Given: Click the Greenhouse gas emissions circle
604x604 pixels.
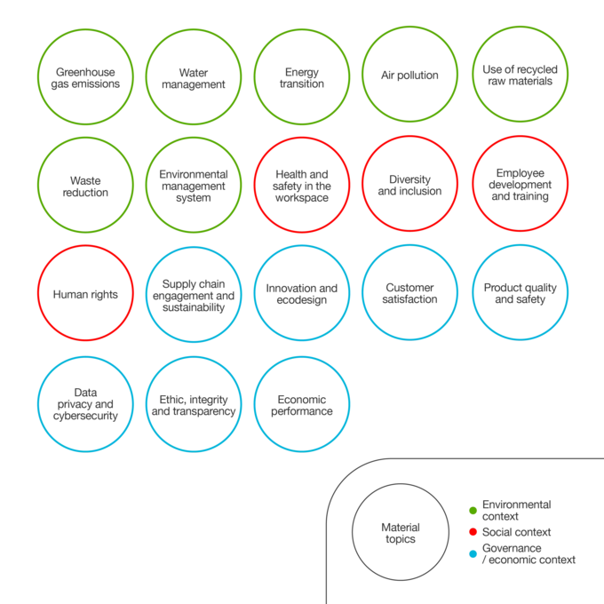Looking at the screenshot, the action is pos(85,29).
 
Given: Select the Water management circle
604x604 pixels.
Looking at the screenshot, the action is pos(194,29).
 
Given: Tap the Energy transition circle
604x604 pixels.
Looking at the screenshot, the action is pos(302,29).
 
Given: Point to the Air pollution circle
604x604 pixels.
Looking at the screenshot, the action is pos(409,27).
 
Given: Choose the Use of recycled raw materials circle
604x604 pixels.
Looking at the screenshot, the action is pos(520,27).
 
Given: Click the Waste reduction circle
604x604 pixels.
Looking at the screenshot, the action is pos(85,138).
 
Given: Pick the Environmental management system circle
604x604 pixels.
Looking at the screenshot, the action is pos(194,138).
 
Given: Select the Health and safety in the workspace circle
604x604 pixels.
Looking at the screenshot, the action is pos(302,138).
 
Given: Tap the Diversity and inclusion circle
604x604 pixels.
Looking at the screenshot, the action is pos(409,136).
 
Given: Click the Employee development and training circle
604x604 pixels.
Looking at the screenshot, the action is pos(520,136).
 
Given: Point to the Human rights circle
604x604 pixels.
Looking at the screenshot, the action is pos(85,246).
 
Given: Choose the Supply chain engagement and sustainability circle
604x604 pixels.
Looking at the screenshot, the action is pos(194,247).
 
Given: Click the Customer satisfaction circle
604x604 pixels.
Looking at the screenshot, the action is pos(409,245).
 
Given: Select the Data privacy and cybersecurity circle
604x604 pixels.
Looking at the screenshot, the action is pos(85,357).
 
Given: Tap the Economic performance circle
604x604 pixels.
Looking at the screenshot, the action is pos(302,357).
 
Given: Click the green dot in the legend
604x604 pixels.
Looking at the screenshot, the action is pos(473,511).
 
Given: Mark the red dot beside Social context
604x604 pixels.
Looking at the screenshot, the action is pos(473,532).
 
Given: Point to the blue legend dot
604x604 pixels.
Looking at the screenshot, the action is pos(473,554).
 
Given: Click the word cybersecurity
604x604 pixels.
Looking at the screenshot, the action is pos(85,416).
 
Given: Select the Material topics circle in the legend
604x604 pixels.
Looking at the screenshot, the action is pos(401,484).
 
